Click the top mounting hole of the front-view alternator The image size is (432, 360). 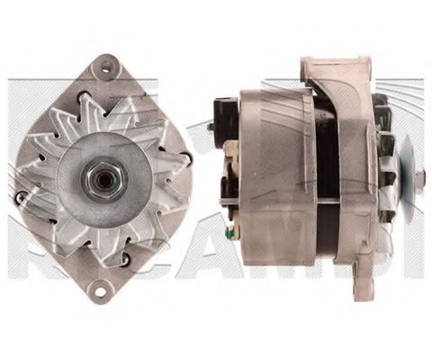point(108,65)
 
